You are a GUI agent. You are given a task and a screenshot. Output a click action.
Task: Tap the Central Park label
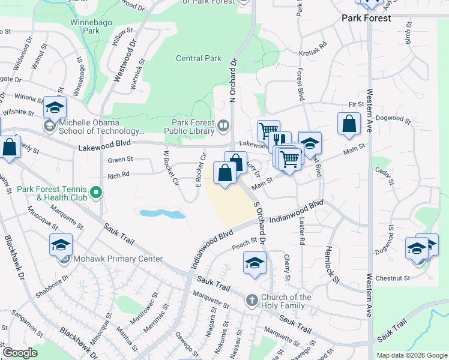(x=199, y=59)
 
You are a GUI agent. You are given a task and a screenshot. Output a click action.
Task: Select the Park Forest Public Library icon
(x=223, y=125)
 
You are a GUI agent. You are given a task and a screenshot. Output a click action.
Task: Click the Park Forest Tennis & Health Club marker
(x=95, y=193)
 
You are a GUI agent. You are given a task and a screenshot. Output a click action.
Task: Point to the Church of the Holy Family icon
(x=253, y=299)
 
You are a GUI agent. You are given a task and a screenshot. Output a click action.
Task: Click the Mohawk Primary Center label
(x=118, y=259)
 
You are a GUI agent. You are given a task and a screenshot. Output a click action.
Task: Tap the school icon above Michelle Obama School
(x=54, y=107)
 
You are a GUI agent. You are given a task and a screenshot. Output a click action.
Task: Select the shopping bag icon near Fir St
(x=349, y=124)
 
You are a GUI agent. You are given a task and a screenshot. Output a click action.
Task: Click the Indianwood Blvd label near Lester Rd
(x=295, y=213)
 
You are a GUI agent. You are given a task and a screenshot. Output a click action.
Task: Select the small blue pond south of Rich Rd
(x=161, y=213)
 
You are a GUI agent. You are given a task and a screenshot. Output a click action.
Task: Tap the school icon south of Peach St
(x=255, y=263)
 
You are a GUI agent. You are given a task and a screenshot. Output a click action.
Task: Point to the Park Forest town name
(x=366, y=18)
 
